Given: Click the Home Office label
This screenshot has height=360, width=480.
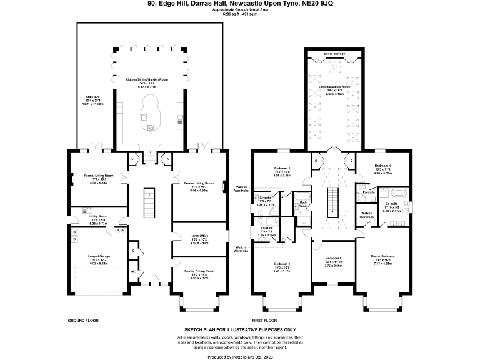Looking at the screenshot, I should (190, 236).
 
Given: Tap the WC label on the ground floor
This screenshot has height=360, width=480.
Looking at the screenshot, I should (132, 272).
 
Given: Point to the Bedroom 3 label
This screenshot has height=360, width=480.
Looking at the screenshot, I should (284, 168).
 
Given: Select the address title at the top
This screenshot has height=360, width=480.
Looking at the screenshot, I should (240, 4).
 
